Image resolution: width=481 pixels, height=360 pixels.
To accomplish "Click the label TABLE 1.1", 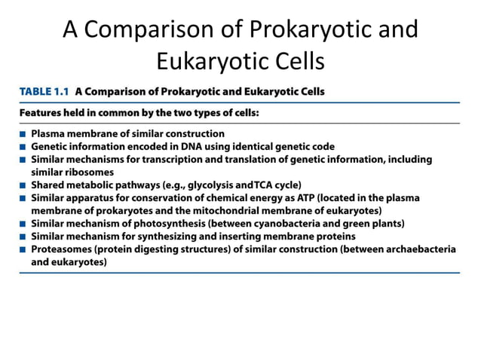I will click(44, 92).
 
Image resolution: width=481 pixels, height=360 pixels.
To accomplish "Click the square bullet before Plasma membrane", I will click(24, 134).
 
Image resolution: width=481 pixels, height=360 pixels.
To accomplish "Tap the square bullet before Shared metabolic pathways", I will click(24, 185).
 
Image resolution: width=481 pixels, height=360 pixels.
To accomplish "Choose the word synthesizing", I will click(177, 236).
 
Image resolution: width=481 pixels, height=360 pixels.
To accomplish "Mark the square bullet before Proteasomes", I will click(24, 249).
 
